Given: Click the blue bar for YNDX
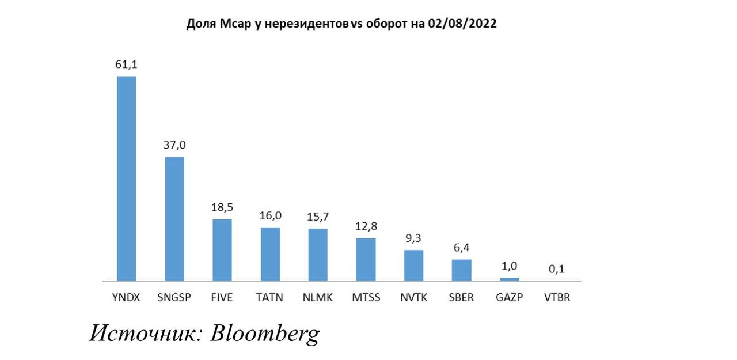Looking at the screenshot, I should pyautogui.click(x=127, y=179).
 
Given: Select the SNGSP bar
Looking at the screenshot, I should pyautogui.click(x=174, y=219).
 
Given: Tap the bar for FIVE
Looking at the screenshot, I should pyautogui.click(x=222, y=250).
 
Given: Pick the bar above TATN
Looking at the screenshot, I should pyautogui.click(x=270, y=254).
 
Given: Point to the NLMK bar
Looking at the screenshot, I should pyautogui.click(x=318, y=255).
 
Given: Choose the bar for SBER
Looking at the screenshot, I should pyautogui.click(x=461, y=270).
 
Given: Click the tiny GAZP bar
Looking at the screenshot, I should pyautogui.click(x=509, y=279).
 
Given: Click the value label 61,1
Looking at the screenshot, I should pyautogui.click(x=126, y=65).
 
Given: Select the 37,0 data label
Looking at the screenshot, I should pyautogui.click(x=174, y=146).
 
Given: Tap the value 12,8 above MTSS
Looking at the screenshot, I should pyautogui.click(x=366, y=227).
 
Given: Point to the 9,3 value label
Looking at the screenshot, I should pyautogui.click(x=413, y=238).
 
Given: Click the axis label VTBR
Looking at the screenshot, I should pyautogui.click(x=557, y=298).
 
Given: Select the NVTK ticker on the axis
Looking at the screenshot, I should pyautogui.click(x=413, y=298).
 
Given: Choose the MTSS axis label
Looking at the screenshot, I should pyautogui.click(x=366, y=298).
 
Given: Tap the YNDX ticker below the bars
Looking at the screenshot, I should pyautogui.click(x=126, y=298).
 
